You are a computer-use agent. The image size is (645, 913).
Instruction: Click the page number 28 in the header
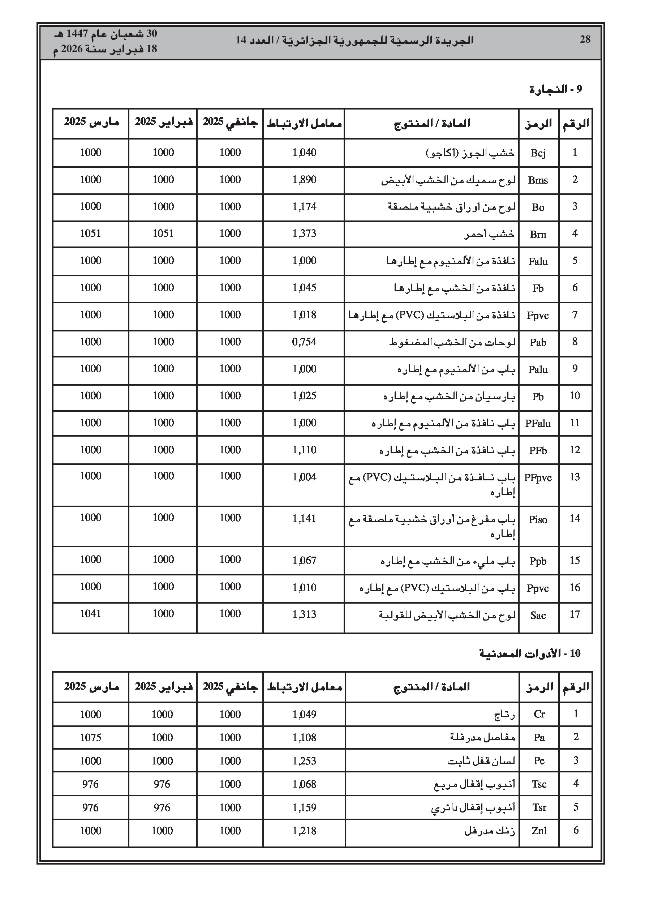coord(585,39)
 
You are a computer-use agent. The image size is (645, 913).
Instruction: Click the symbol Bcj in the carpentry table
coord(538,153)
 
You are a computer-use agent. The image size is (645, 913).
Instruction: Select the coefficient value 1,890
coord(304,180)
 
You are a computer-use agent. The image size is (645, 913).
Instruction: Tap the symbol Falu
coord(538,261)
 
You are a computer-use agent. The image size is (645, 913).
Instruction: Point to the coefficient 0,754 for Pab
coord(304,342)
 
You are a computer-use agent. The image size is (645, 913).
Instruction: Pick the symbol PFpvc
coord(538,477)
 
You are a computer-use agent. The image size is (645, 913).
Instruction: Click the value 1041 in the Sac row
coord(91,614)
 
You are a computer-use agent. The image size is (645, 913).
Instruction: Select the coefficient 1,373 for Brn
coord(304,234)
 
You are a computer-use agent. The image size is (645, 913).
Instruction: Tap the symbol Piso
coord(538,520)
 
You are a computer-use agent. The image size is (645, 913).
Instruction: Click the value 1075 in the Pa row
coord(91,738)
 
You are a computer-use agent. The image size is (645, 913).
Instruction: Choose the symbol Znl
coord(539,831)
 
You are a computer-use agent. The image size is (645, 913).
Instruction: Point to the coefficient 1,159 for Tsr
coord(304,807)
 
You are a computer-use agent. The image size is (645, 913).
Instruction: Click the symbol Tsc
coord(539,784)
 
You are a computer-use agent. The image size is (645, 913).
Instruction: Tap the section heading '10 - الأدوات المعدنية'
coord(530,653)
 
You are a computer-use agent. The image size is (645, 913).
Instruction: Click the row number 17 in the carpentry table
coord(575,615)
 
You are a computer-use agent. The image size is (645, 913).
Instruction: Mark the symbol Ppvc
coord(538,588)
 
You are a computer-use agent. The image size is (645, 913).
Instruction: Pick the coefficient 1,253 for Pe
coord(304,761)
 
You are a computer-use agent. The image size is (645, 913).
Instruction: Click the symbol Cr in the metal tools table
coord(539,714)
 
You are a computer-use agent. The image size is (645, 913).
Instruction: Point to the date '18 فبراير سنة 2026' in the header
coord(106,49)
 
